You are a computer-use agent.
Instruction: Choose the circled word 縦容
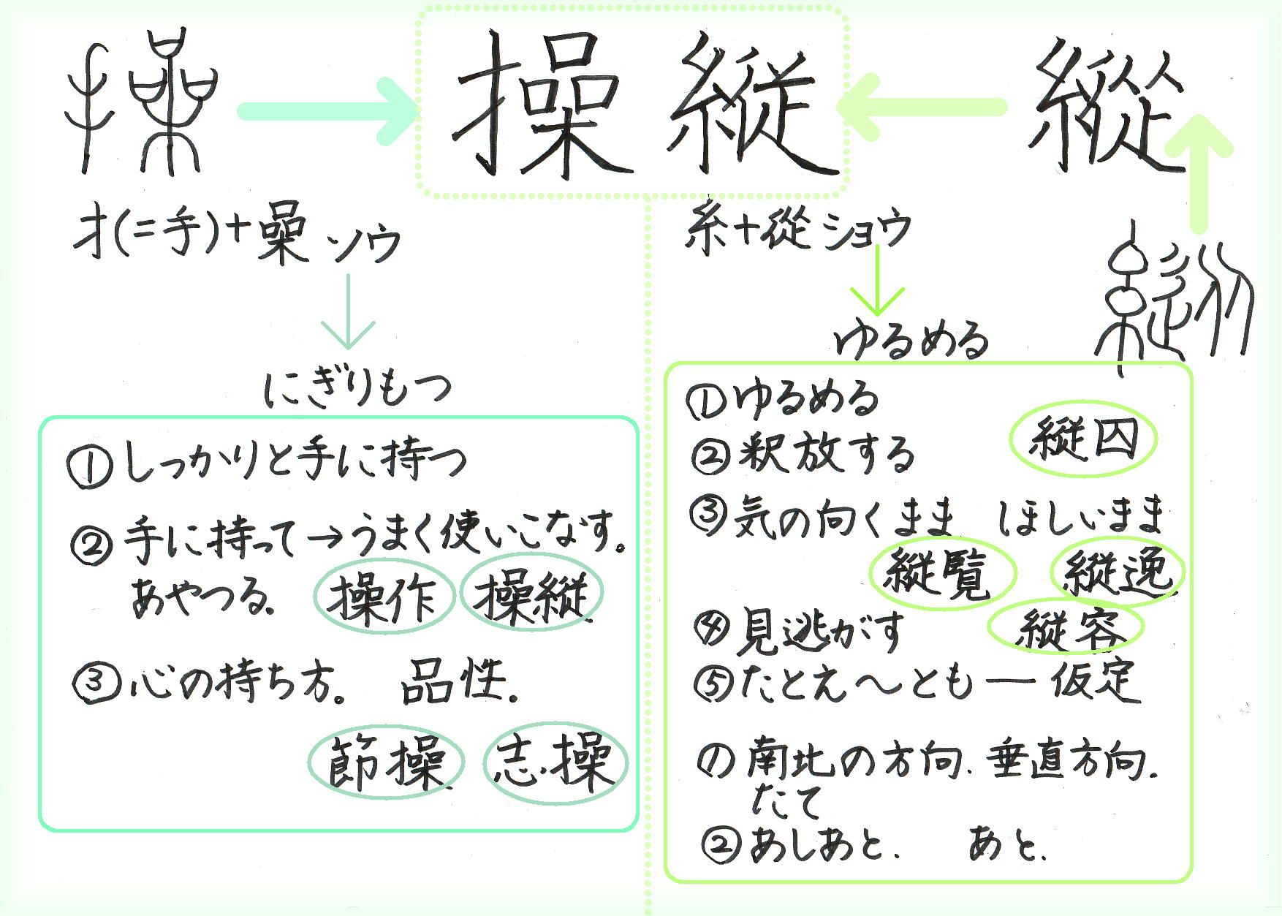coord(1065,627)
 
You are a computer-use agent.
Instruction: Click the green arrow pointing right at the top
coord(326,111)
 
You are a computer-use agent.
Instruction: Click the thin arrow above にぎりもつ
coord(349,311)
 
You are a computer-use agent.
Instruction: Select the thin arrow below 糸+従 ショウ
coord(878,278)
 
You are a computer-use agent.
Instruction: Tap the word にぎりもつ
coord(357,387)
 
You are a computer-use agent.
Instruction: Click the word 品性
coord(457,681)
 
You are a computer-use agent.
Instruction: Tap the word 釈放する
coord(826,455)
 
